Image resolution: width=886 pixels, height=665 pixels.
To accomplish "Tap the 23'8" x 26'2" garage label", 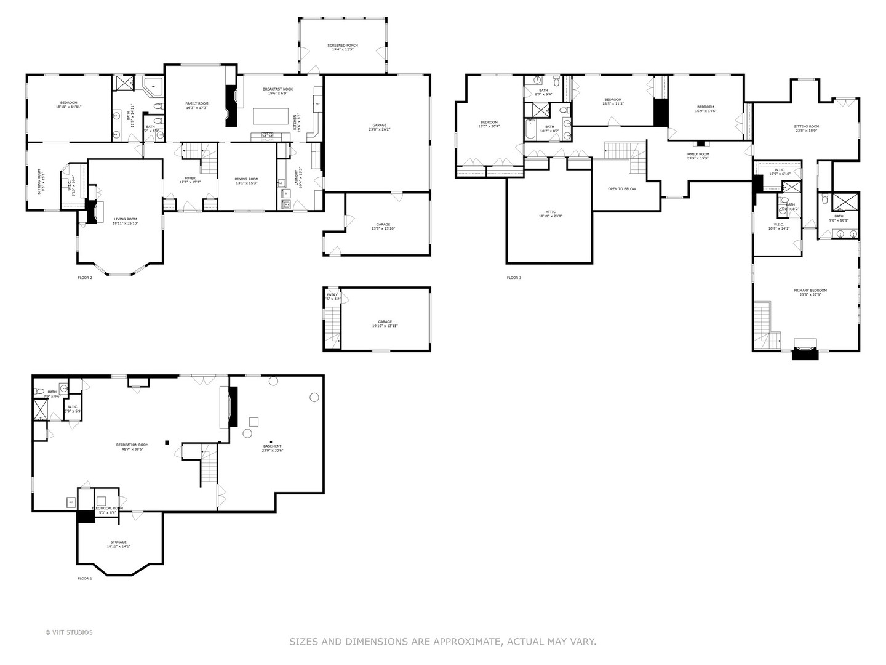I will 380,127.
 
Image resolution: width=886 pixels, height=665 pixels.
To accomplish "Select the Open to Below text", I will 622,189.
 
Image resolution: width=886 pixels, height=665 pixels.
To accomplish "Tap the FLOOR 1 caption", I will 84,579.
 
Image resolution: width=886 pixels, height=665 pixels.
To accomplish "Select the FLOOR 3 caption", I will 514,278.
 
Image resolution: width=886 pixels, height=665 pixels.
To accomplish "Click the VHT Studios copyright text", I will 69,632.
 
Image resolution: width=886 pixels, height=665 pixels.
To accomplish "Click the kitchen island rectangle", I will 271,116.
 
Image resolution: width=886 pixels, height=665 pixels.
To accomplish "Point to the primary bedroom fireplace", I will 805,351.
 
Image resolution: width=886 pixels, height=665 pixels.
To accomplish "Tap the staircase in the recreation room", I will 209,468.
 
